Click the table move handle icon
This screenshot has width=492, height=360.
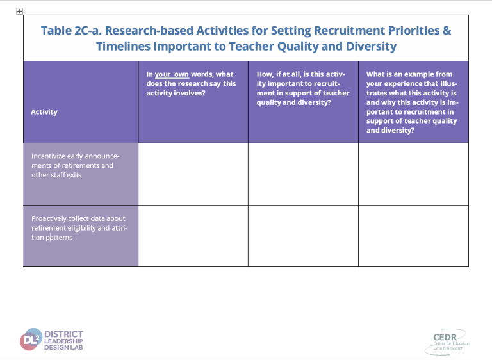19,12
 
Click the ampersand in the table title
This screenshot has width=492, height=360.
447,31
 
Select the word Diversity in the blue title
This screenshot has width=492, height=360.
371,47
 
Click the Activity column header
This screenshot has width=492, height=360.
44,112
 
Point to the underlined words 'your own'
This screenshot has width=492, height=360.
172,74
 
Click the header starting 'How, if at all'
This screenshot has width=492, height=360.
303,88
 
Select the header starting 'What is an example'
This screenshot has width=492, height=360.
412,102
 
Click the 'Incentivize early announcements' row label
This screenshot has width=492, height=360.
75,165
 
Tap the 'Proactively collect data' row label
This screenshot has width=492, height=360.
79,228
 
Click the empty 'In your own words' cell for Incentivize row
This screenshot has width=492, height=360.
193,174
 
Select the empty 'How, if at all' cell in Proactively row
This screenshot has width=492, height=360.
303,236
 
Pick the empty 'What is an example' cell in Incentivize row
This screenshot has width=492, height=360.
414,174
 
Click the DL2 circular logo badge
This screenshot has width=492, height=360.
31,340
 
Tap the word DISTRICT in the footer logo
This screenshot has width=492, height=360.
63,334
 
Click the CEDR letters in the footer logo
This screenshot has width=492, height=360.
445,337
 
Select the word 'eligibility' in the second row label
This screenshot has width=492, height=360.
81,228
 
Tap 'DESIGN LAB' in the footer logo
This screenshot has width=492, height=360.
63,347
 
